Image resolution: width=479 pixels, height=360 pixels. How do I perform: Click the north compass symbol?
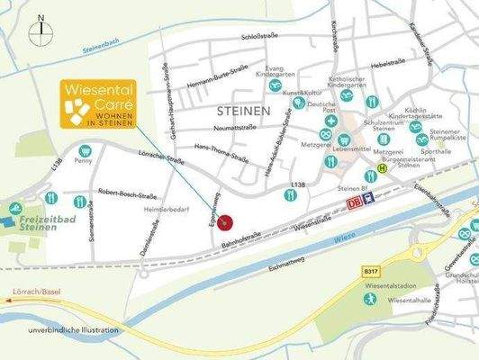point(41,31)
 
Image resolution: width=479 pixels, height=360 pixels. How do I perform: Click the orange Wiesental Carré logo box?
point(98,105)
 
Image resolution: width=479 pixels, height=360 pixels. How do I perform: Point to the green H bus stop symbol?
point(381,167)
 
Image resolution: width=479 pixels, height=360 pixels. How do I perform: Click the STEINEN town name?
point(244,110)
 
